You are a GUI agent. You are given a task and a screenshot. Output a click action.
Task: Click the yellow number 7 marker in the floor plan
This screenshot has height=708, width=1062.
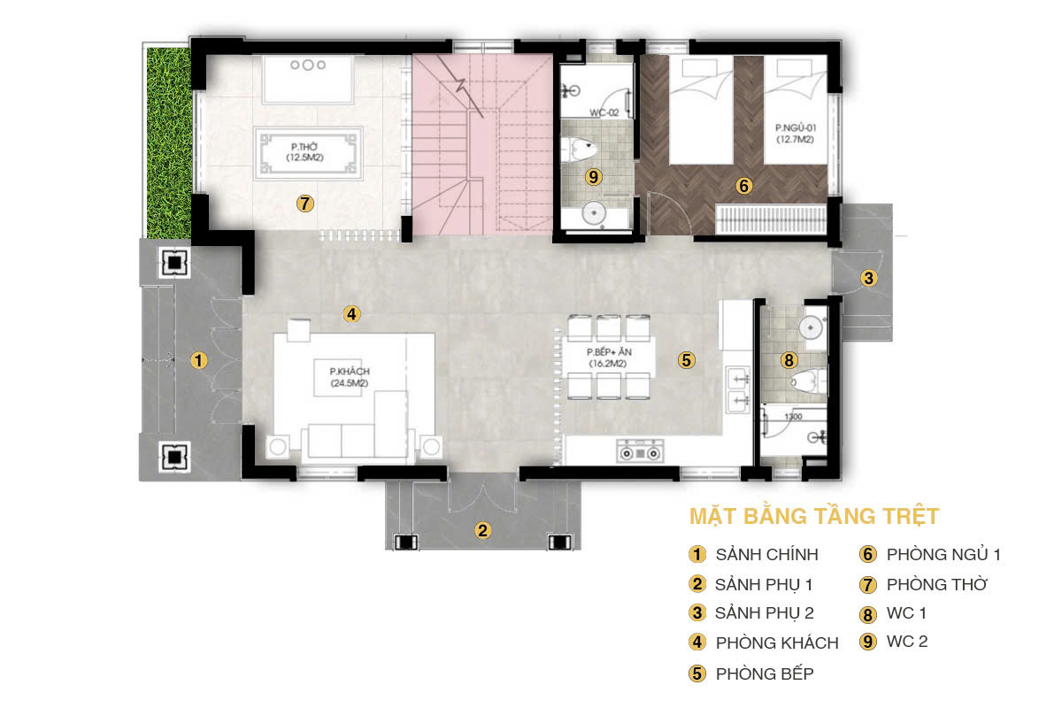tap(304, 204)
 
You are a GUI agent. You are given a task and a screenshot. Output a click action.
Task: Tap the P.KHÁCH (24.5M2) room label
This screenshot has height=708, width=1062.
tap(350, 377)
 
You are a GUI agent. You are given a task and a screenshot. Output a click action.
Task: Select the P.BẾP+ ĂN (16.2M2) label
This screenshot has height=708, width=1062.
tap(609, 358)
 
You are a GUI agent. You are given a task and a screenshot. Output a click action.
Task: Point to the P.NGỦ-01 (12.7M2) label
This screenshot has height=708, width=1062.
tap(795, 134)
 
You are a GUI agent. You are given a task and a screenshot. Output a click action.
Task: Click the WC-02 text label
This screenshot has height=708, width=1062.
tap(604, 113)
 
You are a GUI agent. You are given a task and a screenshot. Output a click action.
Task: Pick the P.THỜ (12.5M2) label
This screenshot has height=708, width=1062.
tap(304, 151)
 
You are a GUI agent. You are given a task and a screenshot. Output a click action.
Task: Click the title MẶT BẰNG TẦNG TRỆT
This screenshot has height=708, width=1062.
tap(814, 517)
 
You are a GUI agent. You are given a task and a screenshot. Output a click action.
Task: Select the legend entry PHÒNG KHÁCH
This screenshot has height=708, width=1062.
tap(777, 643)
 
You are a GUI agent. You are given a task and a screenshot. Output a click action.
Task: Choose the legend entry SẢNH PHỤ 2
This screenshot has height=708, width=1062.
tap(765, 613)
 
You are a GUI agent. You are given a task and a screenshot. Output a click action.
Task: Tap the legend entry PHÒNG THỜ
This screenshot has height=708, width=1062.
tap(937, 584)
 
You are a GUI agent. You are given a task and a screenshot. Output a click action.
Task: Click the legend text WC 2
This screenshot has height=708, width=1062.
tap(907, 642)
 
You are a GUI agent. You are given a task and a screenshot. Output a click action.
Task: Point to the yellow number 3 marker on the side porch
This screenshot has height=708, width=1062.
tap(868, 278)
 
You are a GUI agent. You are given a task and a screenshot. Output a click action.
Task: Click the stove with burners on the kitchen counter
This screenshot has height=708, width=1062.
tap(640, 450)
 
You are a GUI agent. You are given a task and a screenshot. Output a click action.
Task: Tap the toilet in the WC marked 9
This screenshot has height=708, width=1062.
tap(579, 150)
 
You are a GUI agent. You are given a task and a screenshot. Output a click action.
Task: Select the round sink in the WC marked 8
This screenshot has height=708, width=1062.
tap(811, 327)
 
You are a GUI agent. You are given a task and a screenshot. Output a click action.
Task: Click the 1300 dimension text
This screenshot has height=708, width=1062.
tap(793, 416)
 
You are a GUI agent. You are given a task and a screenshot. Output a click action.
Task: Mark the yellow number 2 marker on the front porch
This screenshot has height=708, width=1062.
tap(482, 530)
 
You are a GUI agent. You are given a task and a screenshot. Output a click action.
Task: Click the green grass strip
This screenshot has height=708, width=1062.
tap(169, 142)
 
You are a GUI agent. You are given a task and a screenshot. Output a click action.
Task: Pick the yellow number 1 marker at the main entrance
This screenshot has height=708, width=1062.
tap(198, 360)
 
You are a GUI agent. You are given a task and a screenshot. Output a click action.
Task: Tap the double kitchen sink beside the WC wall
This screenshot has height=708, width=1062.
tap(738, 389)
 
